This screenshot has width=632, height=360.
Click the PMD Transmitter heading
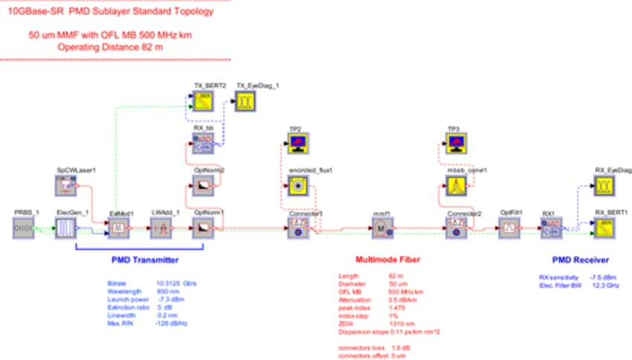(x=144, y=260)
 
